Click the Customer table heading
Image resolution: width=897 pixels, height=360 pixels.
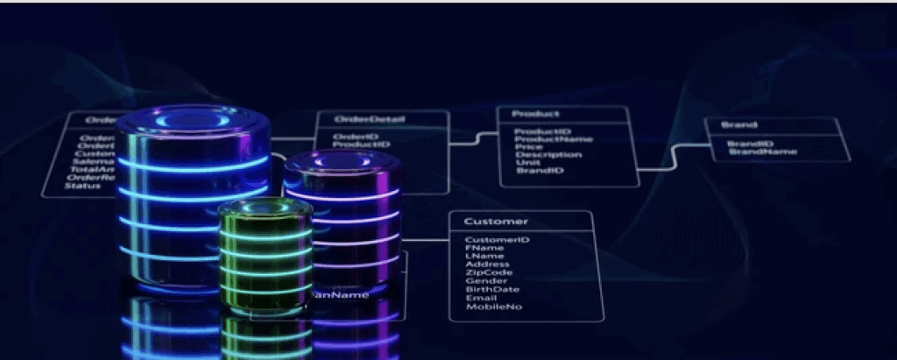(x=496, y=222)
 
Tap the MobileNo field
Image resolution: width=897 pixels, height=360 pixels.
(x=493, y=307)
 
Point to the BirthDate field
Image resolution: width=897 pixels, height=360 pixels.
(x=491, y=290)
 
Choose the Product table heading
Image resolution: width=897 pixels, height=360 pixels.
(x=535, y=114)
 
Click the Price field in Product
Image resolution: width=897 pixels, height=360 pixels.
(x=527, y=147)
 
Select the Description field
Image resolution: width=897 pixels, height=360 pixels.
(x=547, y=155)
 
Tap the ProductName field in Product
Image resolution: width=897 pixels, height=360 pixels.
(x=553, y=139)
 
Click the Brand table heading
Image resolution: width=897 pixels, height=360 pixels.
(x=738, y=125)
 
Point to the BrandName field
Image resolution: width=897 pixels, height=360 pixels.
(x=762, y=152)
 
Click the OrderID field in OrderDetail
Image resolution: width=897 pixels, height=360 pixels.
(x=355, y=137)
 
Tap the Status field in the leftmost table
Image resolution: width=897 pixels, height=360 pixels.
(x=83, y=186)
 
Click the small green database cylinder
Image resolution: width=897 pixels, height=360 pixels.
(x=265, y=254)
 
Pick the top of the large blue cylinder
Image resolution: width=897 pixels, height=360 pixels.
(x=194, y=120)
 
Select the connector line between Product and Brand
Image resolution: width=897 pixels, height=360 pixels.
(x=674, y=158)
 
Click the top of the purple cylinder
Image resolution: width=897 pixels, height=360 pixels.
(x=340, y=163)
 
